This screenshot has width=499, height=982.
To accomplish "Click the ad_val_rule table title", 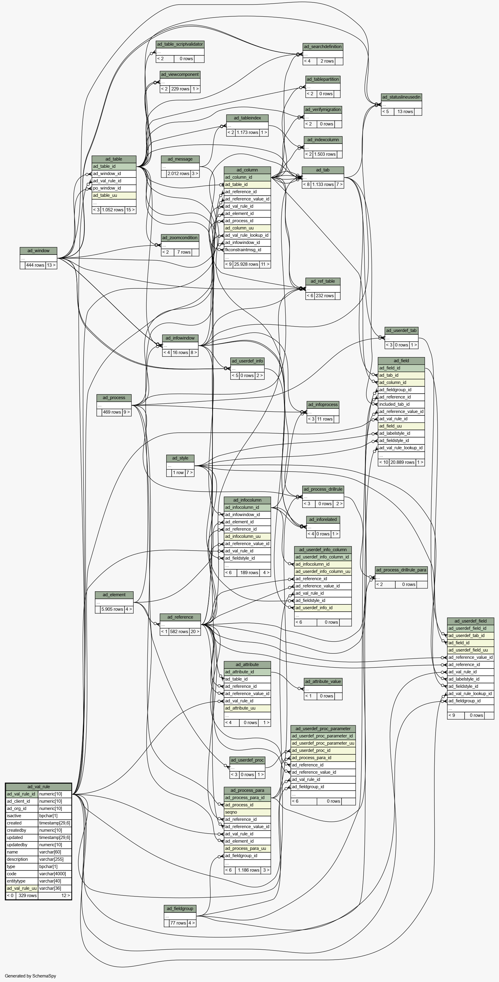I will [x=38, y=786].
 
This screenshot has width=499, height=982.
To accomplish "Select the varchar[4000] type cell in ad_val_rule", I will [x=54, y=874].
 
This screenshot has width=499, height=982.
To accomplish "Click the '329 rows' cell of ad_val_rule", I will [x=28, y=896].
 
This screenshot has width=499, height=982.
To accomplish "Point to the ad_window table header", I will [x=38, y=250].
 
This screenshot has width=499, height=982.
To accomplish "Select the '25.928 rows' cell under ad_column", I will [x=246, y=264].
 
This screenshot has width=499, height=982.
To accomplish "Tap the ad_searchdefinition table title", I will [x=322, y=47].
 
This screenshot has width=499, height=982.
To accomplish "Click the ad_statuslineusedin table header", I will [x=401, y=97].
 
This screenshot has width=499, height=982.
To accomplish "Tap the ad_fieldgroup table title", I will [x=180, y=909].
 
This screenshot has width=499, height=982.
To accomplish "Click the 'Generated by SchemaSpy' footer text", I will [x=31, y=976].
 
